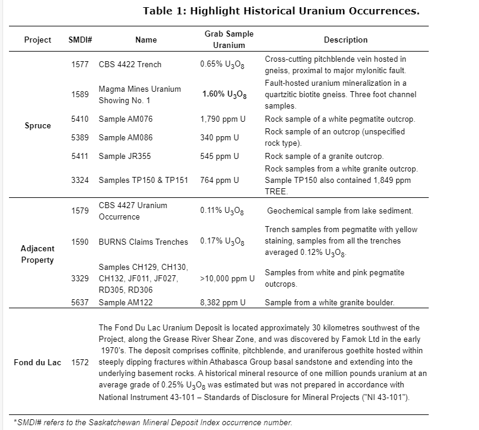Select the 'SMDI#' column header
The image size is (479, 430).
(x=80, y=40)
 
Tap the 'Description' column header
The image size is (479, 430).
(x=345, y=40)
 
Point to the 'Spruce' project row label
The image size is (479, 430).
(x=38, y=126)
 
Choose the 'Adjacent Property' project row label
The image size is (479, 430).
(x=38, y=254)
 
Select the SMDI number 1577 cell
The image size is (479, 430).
(x=80, y=64)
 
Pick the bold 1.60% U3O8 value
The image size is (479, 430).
(x=223, y=94)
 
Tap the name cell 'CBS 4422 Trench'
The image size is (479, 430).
(x=130, y=64)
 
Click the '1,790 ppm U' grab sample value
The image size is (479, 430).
(x=220, y=119)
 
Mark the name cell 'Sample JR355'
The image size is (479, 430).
(x=125, y=157)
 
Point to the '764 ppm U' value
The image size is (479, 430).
(x=219, y=180)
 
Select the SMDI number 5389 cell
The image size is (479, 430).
(x=80, y=137)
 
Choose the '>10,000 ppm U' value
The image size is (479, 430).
(x=228, y=278)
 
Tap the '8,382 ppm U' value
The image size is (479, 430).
(x=223, y=302)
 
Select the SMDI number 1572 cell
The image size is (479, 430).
(x=80, y=363)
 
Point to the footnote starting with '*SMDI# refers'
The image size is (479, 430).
(x=153, y=422)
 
